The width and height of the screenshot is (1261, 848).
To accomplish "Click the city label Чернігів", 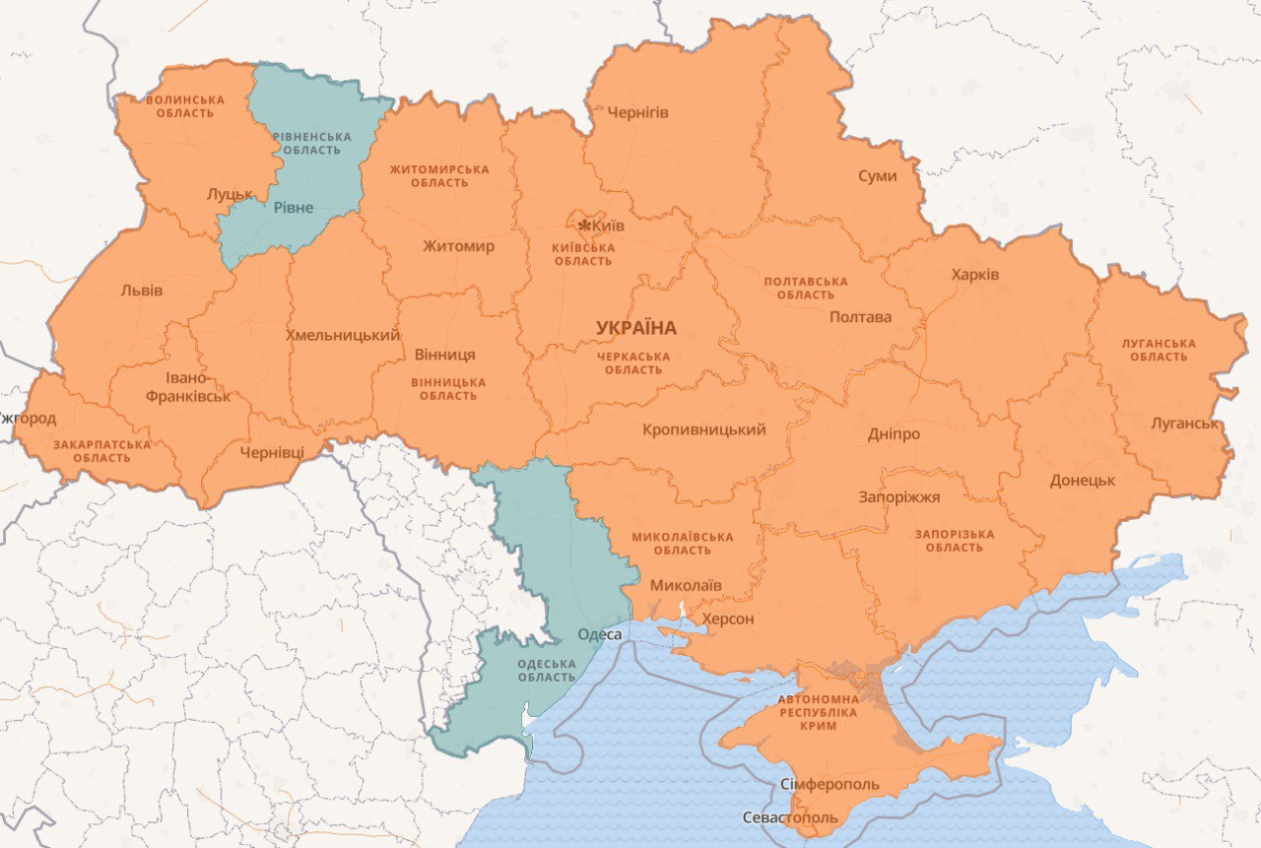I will click(637, 112).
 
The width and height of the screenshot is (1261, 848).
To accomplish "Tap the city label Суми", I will click(877, 175).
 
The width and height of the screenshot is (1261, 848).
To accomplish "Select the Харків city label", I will click(974, 274).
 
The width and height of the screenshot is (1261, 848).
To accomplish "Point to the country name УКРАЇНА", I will click(635, 328).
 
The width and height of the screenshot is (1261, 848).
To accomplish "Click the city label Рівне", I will click(293, 207).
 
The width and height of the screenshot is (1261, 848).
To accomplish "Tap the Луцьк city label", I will click(230, 194).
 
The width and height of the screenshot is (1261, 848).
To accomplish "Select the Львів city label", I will click(141, 291).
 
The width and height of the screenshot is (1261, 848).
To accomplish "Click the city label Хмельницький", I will click(342, 335).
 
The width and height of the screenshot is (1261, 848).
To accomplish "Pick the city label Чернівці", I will click(272, 452).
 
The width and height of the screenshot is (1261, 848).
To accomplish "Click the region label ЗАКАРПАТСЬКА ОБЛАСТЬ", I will click(101, 451).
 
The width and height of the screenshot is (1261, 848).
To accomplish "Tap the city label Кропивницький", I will click(703, 429).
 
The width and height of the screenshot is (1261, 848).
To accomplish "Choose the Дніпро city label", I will click(894, 434).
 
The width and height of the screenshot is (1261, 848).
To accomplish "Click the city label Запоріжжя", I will click(899, 497).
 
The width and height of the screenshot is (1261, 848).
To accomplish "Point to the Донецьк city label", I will click(1082, 481).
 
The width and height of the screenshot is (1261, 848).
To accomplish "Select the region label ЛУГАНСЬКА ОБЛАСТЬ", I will click(1159, 350).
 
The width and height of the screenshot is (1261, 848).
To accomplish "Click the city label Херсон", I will click(727, 619).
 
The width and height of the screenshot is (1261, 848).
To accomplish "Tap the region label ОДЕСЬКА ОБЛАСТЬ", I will click(546, 670).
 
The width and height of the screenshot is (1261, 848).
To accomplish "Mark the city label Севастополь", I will click(789, 817).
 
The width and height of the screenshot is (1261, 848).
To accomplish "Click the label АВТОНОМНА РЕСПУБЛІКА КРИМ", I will click(819, 711).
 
